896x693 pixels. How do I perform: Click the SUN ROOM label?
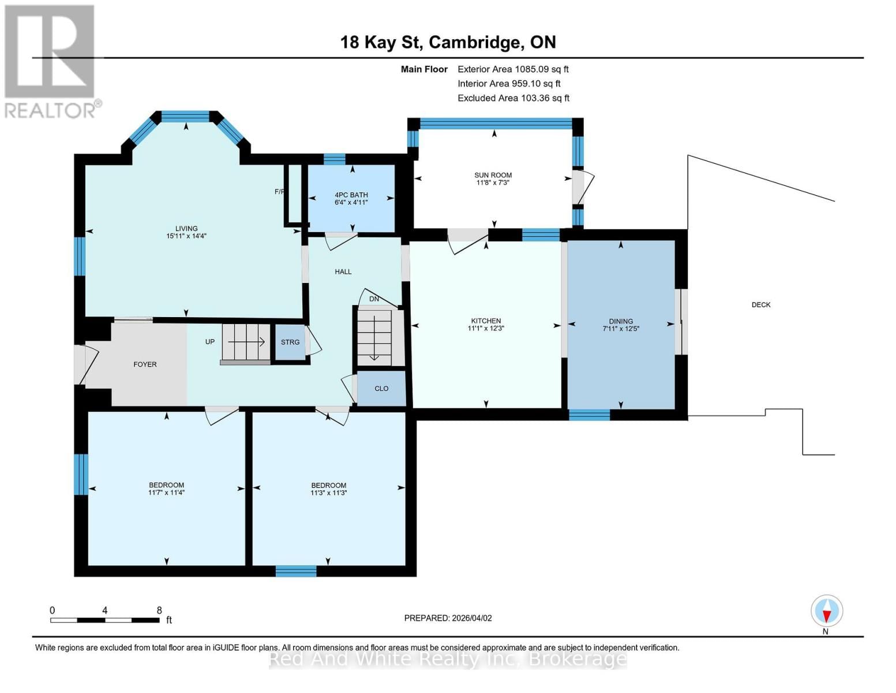[493, 175]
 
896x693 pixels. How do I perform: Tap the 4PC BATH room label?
[351, 195]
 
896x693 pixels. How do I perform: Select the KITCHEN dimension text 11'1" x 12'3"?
[486, 329]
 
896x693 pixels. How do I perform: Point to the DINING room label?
[621, 321]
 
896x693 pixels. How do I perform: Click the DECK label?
[760, 305]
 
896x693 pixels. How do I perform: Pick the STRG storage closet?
[290, 342]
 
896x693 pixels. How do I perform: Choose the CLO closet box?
[381, 389]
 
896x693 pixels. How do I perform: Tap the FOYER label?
[145, 364]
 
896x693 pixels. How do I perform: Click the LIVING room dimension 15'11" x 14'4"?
[186, 236]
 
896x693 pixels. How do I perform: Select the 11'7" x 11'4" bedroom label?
[166, 489]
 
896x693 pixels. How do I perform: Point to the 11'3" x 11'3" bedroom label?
[328, 489]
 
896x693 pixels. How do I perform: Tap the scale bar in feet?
[105, 620]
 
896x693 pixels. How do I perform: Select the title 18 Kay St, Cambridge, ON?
[448, 42]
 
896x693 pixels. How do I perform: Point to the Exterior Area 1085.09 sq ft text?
[513, 69]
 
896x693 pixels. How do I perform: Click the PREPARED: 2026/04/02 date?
[448, 618]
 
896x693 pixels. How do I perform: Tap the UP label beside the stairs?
[210, 342]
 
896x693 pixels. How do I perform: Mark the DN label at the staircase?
[374, 299]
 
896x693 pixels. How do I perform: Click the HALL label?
[343, 271]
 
